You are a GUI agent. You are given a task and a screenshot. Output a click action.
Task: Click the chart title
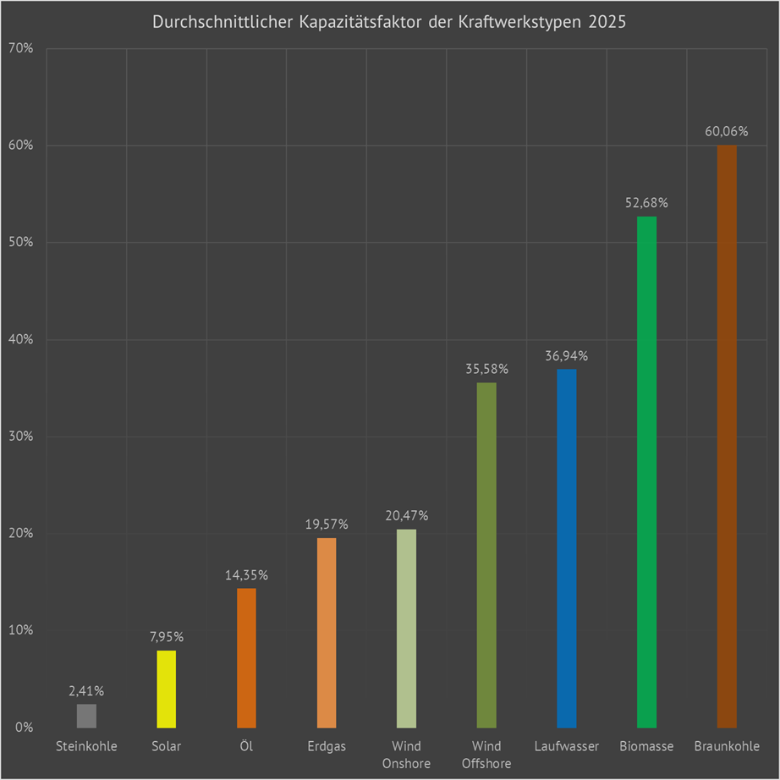coord(389,23)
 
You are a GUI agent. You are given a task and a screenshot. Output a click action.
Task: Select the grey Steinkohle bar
coord(86,716)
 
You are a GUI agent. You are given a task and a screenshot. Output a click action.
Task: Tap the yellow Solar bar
coord(167,689)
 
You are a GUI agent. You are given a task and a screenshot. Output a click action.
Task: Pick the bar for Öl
coord(246,658)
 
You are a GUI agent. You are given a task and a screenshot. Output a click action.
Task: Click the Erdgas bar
coord(327,633)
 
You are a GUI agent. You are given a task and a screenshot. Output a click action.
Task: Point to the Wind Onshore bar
coord(406,629)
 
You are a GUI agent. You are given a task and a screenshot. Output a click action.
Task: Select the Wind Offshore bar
coord(486,555)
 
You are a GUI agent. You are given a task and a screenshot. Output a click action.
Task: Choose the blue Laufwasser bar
coord(567,548)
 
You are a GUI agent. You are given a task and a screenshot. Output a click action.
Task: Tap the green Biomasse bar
coord(646,472)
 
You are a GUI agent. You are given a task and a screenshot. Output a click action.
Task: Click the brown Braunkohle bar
coord(727,437)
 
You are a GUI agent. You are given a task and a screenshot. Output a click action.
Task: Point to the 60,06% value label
coord(727,132)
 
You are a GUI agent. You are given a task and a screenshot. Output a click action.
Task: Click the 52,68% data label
coord(646,203)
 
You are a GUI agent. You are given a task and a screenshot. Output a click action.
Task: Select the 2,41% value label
coord(86,691)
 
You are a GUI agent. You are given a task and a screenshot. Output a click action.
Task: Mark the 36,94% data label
coord(567,356)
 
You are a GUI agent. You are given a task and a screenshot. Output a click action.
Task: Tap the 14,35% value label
coord(246,575)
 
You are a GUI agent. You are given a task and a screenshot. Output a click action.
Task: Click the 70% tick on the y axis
coord(22,48)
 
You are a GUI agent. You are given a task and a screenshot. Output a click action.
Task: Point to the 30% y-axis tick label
coord(22,437)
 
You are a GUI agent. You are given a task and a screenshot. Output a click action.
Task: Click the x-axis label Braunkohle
coord(727,747)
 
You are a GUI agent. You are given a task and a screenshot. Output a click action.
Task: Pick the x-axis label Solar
coord(167,747)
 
